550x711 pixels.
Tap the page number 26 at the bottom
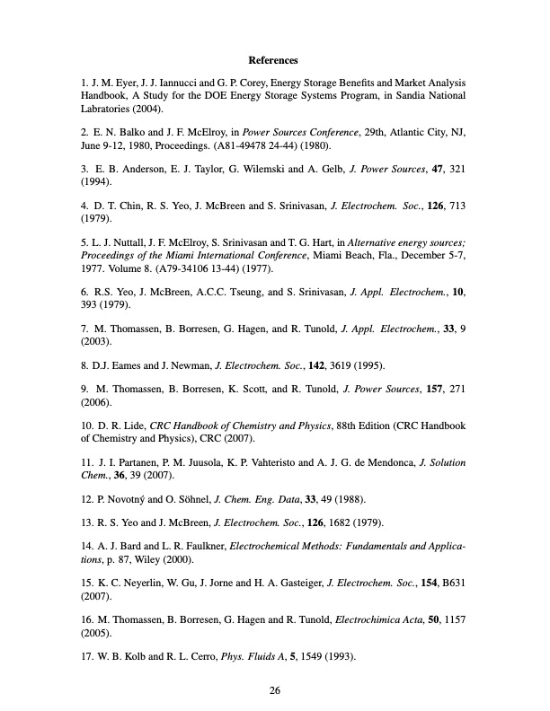[x=275, y=690]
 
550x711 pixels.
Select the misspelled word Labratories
[x=104, y=110]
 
